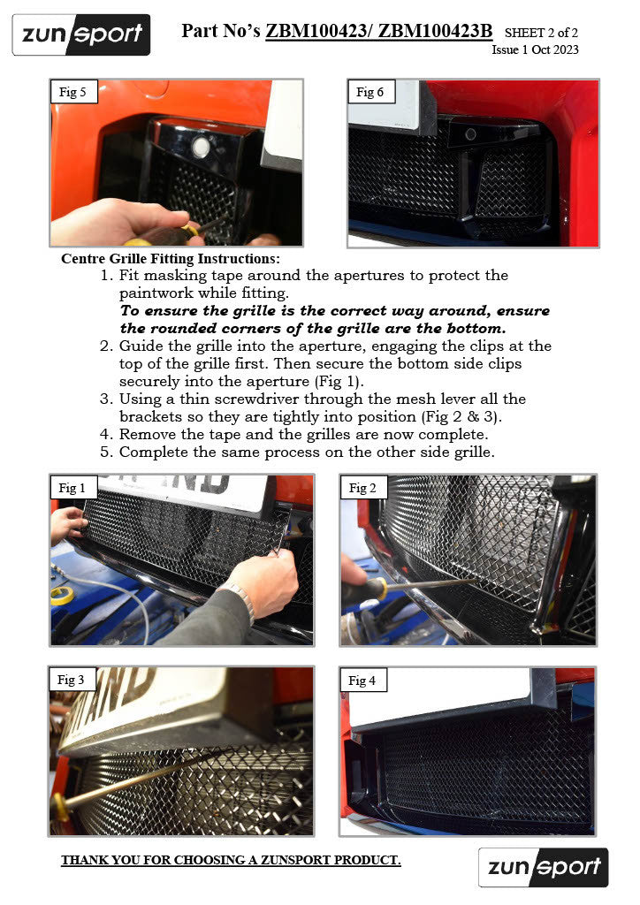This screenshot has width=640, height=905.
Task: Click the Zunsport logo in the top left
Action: (81, 34)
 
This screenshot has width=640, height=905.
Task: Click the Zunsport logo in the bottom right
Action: (543, 867)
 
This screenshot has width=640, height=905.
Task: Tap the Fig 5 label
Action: (72, 92)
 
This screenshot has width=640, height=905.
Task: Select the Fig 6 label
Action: (370, 92)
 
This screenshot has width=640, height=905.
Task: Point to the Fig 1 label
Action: (72, 488)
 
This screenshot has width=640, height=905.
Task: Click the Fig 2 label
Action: (362, 488)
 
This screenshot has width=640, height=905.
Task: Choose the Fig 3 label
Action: (71, 680)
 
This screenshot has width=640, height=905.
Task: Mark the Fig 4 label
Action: (362, 680)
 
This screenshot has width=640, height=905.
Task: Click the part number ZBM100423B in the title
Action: (436, 32)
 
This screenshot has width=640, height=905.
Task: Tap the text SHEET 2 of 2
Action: (541, 34)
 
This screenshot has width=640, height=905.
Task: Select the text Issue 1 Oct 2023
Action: (535, 49)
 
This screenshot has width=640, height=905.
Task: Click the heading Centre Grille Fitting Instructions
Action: (171, 259)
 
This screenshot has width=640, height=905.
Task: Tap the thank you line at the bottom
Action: (231, 860)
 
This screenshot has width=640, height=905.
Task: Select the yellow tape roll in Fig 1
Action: (62, 594)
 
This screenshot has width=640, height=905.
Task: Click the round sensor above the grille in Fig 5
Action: (202, 148)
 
